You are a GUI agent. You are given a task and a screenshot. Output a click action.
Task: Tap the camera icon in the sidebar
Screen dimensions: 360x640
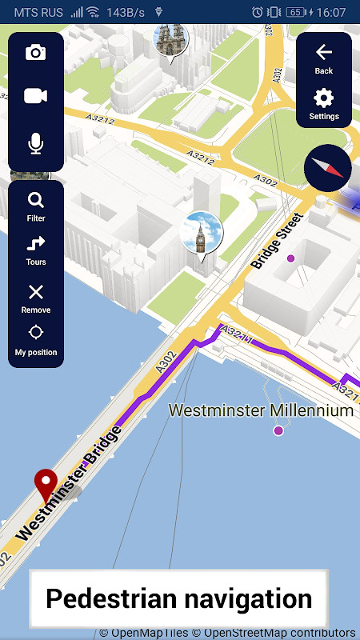[35, 53]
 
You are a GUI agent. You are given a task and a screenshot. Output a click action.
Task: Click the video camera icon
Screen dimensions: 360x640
[35, 96]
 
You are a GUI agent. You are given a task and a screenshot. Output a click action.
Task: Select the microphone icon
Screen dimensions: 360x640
[35, 144]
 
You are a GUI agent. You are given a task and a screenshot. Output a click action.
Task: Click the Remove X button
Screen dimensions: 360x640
[35, 297]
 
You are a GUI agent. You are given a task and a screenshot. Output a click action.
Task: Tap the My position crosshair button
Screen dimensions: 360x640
[35, 339]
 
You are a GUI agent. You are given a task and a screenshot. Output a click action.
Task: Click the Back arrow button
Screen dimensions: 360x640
[323, 58]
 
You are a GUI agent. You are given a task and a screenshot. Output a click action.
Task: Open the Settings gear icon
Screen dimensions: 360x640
[323, 104]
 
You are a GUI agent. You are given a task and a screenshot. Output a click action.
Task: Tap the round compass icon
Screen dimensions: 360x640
[327, 168]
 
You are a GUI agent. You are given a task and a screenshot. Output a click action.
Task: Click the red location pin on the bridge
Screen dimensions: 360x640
[46, 486]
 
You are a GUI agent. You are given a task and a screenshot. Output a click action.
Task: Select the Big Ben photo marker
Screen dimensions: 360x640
[202, 234]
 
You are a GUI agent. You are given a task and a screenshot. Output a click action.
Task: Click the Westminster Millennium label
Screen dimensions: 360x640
[261, 410]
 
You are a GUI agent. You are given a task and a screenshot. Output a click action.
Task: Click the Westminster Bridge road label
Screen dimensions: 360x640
[69, 483]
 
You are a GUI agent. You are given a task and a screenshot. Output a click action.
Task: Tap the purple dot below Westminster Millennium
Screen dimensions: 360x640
[278, 430]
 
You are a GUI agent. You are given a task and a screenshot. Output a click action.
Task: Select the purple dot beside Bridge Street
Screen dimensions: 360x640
[291, 258]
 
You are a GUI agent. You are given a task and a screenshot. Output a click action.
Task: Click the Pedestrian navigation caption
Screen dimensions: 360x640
[178, 598]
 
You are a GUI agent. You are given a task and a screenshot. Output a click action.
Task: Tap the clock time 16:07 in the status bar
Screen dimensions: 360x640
[330, 12]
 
